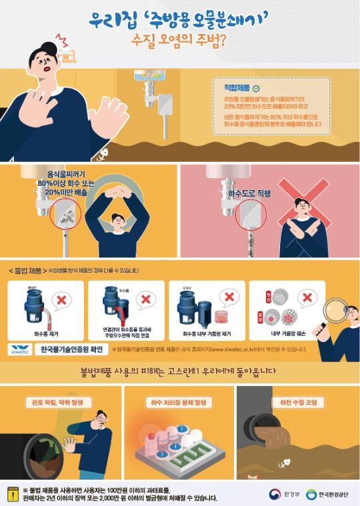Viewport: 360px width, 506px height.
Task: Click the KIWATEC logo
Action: click(x=23, y=349)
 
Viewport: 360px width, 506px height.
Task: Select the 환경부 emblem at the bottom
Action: click(x=275, y=494)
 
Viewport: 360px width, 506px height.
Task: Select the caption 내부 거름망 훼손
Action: click(x=287, y=331)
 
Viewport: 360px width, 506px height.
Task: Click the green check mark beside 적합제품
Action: click(x=256, y=87)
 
